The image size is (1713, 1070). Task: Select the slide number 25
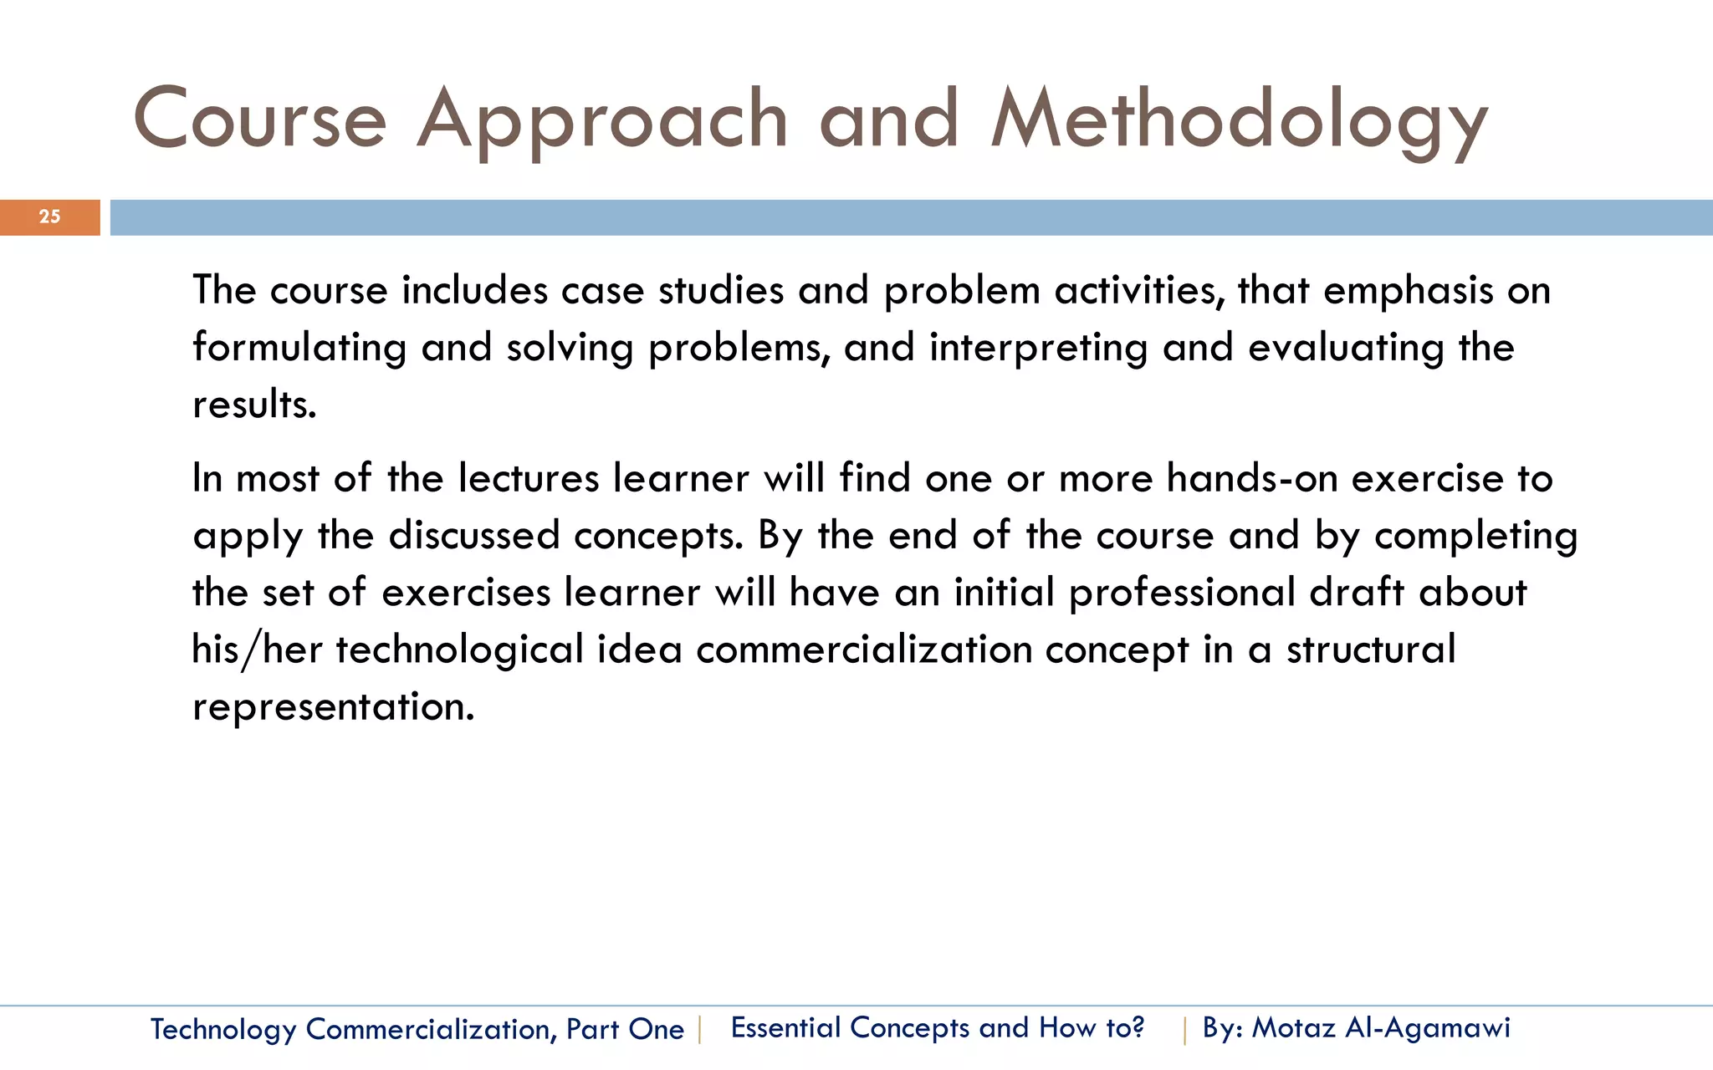coord(49,217)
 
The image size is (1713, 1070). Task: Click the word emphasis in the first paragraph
coord(1408,291)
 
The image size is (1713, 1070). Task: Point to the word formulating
coord(299,348)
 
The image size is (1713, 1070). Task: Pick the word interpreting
coord(1038,348)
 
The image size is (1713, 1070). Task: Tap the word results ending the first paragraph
coord(253,405)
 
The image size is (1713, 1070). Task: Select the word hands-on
coord(1251,478)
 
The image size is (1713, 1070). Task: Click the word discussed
coord(474,535)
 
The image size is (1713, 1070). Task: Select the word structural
coord(1370,650)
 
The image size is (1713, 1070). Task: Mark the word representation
coord(333,706)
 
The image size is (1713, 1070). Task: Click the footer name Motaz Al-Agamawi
coord(1381,1027)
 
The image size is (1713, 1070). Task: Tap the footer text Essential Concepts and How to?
coord(937,1027)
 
